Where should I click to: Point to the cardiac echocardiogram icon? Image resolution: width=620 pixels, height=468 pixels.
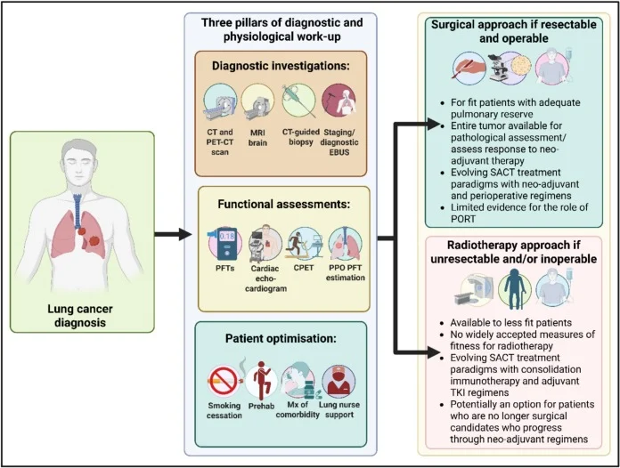(x=261, y=239)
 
